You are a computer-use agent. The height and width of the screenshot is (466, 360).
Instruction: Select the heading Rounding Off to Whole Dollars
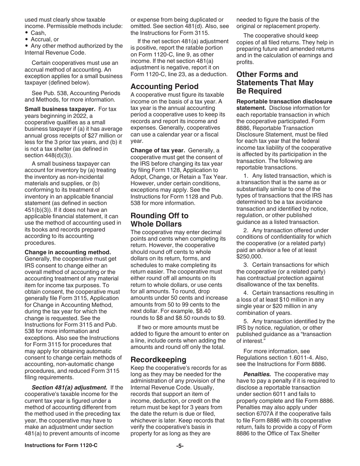[160, 220]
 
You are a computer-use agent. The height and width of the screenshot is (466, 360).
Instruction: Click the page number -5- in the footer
[180, 446]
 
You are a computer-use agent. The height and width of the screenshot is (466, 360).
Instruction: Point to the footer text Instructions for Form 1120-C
[61, 446]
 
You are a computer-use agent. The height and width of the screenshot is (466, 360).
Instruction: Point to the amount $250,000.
[248, 256]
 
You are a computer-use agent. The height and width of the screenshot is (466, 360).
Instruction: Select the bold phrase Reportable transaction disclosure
[284, 102]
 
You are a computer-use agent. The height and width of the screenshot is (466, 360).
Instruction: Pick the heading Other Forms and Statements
[275, 83]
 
